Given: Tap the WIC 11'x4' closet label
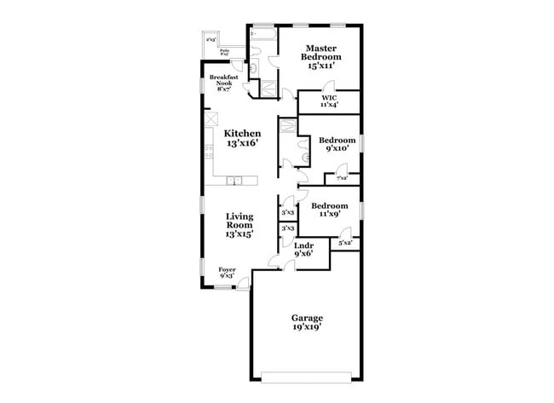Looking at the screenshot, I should pos(328,101).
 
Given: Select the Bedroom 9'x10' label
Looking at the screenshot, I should pos(337,144).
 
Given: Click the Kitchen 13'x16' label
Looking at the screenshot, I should pos(243,139).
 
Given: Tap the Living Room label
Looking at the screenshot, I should pos(239,223).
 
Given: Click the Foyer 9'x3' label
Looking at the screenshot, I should pos(227,273).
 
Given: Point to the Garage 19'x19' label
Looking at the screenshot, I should pos(308,323).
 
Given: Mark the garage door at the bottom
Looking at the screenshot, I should pos(308,375).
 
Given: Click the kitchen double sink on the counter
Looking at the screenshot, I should pos(234,180).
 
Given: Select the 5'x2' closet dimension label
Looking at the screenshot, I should pos(345,244).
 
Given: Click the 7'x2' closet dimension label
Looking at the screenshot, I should pos(342,178).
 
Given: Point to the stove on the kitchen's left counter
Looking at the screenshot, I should pos(209,152).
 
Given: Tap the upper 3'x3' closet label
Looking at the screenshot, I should pos(288,212).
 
